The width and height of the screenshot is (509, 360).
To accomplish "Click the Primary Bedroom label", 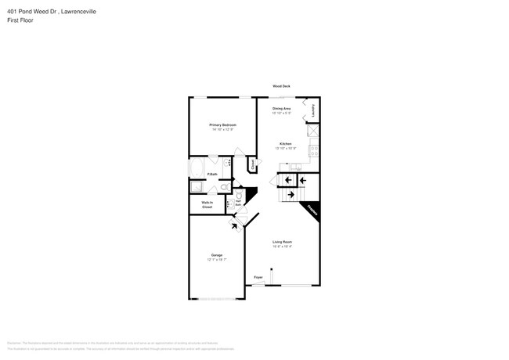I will pos(222,125).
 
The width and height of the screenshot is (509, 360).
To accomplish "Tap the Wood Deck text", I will pos(281,86).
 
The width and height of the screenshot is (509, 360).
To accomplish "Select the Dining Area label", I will pos(282,108).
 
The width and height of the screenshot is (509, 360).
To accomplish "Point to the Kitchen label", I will pos(287,143).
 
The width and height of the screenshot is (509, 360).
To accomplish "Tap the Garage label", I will pos(216,255).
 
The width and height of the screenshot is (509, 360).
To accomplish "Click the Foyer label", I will pos(258,277).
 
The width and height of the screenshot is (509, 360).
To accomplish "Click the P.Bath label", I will pos(212,174).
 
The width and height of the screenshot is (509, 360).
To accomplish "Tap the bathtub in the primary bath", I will pos(196,169).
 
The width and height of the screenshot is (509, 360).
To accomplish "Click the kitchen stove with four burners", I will pos(314,151).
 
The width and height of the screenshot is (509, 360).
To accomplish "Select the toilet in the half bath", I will pos(238,196).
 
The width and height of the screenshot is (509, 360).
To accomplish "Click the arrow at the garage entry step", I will pos(234,225).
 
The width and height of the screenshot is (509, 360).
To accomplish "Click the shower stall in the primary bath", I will pos(197,187).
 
